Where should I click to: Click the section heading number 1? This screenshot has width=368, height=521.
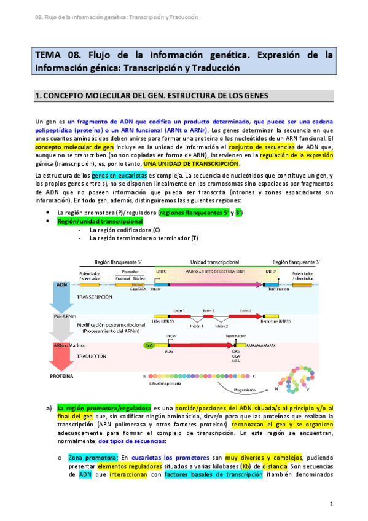(x=37, y=96)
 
